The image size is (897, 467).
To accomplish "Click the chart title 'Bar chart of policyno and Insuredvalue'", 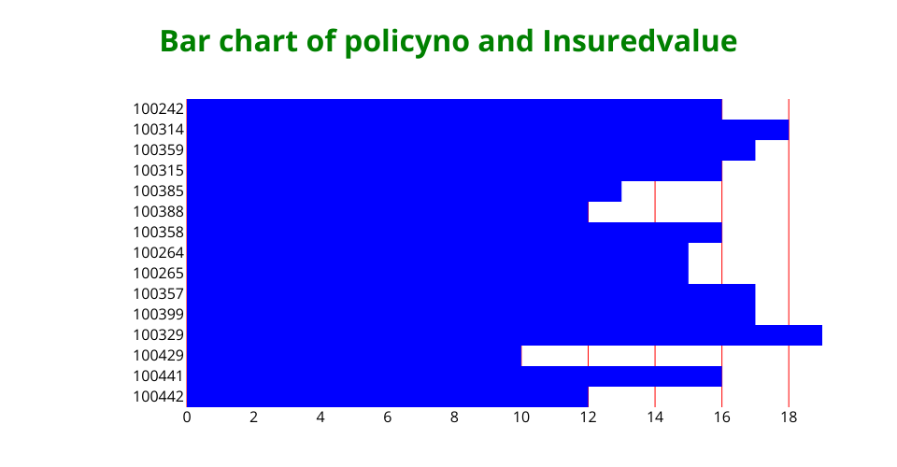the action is click(448, 42).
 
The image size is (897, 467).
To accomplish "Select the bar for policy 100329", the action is click(504, 335).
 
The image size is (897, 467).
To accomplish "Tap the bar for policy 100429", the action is click(353, 356).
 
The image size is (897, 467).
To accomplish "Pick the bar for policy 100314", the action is click(488, 130).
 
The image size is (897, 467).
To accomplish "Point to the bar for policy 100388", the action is click(387, 212).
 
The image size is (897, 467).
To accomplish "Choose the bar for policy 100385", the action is click(404, 191).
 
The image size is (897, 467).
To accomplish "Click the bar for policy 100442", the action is click(387, 397).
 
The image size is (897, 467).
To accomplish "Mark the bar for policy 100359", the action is click(471, 150).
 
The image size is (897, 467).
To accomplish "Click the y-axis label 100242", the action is click(159, 109).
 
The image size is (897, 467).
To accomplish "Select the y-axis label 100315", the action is click(159, 171).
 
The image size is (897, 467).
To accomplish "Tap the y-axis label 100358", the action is click(159, 233).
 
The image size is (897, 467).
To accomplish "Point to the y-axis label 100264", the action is click(159, 253).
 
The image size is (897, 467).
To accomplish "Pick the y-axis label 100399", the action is click(159, 315).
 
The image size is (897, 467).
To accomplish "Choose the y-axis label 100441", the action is click(159, 376).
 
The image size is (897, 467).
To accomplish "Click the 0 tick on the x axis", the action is click(187, 417).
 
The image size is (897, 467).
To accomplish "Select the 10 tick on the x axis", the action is click(521, 417).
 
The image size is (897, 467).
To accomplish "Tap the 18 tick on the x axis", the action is click(789, 417).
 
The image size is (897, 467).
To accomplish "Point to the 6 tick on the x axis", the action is click(387, 417).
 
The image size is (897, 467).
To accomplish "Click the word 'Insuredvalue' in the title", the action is click(639, 42).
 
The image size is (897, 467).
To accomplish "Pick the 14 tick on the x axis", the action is click(655, 417).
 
